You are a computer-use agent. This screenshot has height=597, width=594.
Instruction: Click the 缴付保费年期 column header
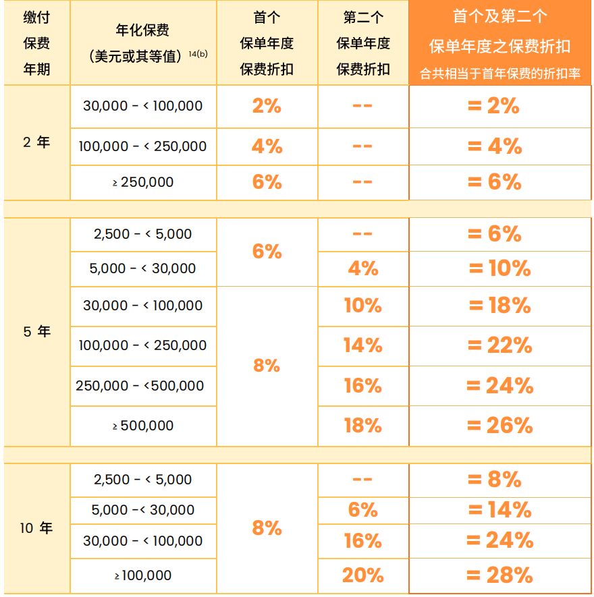tap(36, 43)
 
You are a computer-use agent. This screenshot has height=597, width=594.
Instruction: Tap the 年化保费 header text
tap(142, 30)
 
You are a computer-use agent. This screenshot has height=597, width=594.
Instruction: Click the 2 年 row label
tap(36, 142)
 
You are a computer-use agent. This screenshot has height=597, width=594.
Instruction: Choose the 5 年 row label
tap(36, 332)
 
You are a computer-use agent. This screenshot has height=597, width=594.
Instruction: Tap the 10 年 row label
tap(36, 528)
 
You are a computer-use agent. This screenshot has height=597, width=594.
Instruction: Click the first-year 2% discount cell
tap(267, 106)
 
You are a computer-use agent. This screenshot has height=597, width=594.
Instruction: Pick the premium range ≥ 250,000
tap(143, 182)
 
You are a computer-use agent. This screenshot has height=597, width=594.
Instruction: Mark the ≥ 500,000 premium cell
tap(143, 426)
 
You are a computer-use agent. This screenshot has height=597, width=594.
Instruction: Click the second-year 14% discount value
tap(362, 345)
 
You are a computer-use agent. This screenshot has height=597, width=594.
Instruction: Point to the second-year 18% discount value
tap(362, 426)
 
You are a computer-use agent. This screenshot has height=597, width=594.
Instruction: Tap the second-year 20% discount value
tap(362, 575)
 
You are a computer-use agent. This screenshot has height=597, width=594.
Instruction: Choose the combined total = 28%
tap(500, 575)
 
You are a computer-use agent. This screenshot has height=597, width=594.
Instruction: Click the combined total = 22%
tap(500, 345)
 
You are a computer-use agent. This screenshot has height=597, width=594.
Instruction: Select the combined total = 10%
tap(500, 268)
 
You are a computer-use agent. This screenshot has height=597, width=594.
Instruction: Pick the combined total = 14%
tap(500, 510)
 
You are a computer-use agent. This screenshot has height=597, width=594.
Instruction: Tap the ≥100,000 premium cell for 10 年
tap(143, 575)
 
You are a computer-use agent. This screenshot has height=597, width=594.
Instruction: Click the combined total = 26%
tap(500, 426)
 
